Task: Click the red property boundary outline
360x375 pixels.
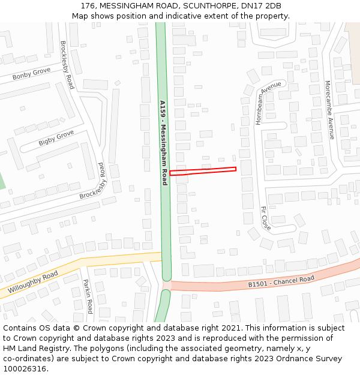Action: [203, 171]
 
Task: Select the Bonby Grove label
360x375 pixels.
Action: [31, 74]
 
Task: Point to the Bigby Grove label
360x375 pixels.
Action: [56, 137]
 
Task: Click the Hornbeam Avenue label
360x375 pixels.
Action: [268, 103]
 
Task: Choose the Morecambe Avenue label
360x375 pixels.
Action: [329, 110]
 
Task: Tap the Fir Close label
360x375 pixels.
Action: [266, 218]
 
